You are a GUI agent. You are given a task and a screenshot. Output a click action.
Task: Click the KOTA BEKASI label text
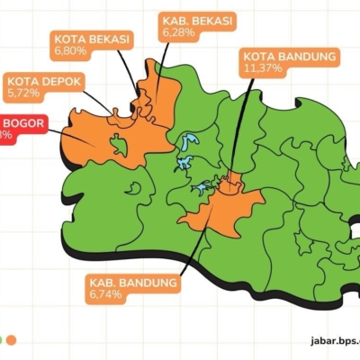pos(93,40)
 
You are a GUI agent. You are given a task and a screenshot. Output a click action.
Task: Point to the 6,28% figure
pos(178,31)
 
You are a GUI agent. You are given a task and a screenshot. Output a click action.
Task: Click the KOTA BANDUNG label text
pos(290,57)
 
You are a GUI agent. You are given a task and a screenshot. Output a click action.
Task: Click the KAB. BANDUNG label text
pos(131,283)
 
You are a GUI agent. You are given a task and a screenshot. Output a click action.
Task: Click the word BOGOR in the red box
pos(20,122)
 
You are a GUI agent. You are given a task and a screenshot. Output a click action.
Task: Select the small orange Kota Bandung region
pos(232,184)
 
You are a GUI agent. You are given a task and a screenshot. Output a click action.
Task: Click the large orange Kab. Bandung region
pos(220,211)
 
